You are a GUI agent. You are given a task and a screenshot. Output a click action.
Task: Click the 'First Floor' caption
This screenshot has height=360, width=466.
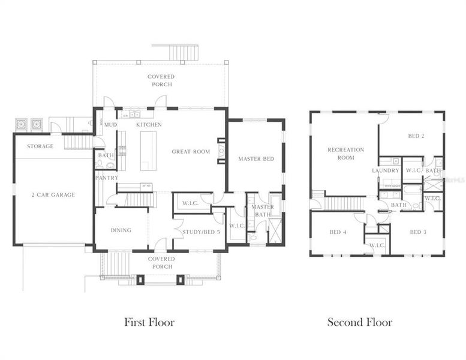click(149, 322)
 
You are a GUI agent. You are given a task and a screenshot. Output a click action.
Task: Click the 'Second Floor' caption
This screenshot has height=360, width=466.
click(360, 322)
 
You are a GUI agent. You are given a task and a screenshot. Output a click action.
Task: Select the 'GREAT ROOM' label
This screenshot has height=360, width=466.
click(191, 152)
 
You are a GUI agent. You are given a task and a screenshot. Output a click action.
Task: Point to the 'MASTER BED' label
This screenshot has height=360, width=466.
click(256, 159)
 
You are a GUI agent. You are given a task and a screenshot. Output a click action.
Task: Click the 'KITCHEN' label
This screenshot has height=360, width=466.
click(149, 124)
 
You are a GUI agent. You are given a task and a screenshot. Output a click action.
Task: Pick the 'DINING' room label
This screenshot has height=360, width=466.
click(121, 230)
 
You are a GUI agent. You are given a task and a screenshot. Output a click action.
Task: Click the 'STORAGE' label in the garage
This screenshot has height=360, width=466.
click(40, 146)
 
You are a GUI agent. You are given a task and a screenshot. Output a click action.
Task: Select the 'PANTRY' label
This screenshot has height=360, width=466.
click(107, 178)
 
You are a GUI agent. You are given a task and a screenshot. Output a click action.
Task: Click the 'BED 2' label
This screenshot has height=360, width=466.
click(416, 136)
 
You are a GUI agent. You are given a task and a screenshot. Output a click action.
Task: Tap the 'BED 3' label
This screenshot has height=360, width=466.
click(418, 232)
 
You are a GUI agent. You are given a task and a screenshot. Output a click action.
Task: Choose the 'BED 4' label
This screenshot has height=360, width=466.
click(338, 232)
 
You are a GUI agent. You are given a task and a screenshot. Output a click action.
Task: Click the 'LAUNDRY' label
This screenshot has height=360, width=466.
click(385, 171)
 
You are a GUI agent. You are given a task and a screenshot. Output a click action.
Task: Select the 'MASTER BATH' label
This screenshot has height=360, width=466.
click(263, 211)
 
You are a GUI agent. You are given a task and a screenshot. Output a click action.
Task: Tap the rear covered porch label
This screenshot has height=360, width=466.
click(161, 80)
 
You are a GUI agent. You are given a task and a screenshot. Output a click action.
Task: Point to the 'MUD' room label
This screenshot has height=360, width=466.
click(110, 124)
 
